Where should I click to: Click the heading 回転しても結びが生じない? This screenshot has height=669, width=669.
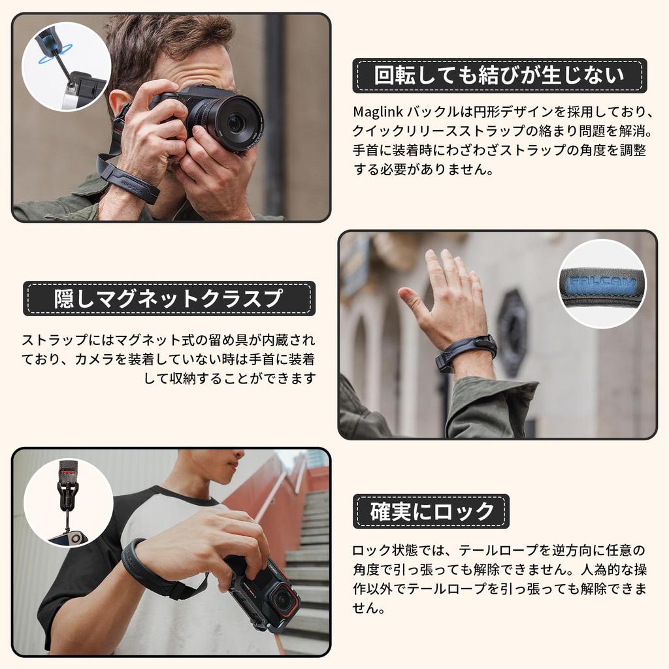click(499, 76)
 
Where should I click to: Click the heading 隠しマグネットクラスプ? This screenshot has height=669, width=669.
click(169, 299)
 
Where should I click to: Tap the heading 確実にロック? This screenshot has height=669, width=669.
click(431, 512)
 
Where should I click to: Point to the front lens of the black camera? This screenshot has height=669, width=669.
click(237, 122)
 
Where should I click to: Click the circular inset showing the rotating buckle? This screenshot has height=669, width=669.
click(65, 66)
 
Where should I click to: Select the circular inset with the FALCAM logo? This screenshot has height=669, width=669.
click(602, 284)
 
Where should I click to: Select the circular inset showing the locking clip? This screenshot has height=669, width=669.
click(68, 502)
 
